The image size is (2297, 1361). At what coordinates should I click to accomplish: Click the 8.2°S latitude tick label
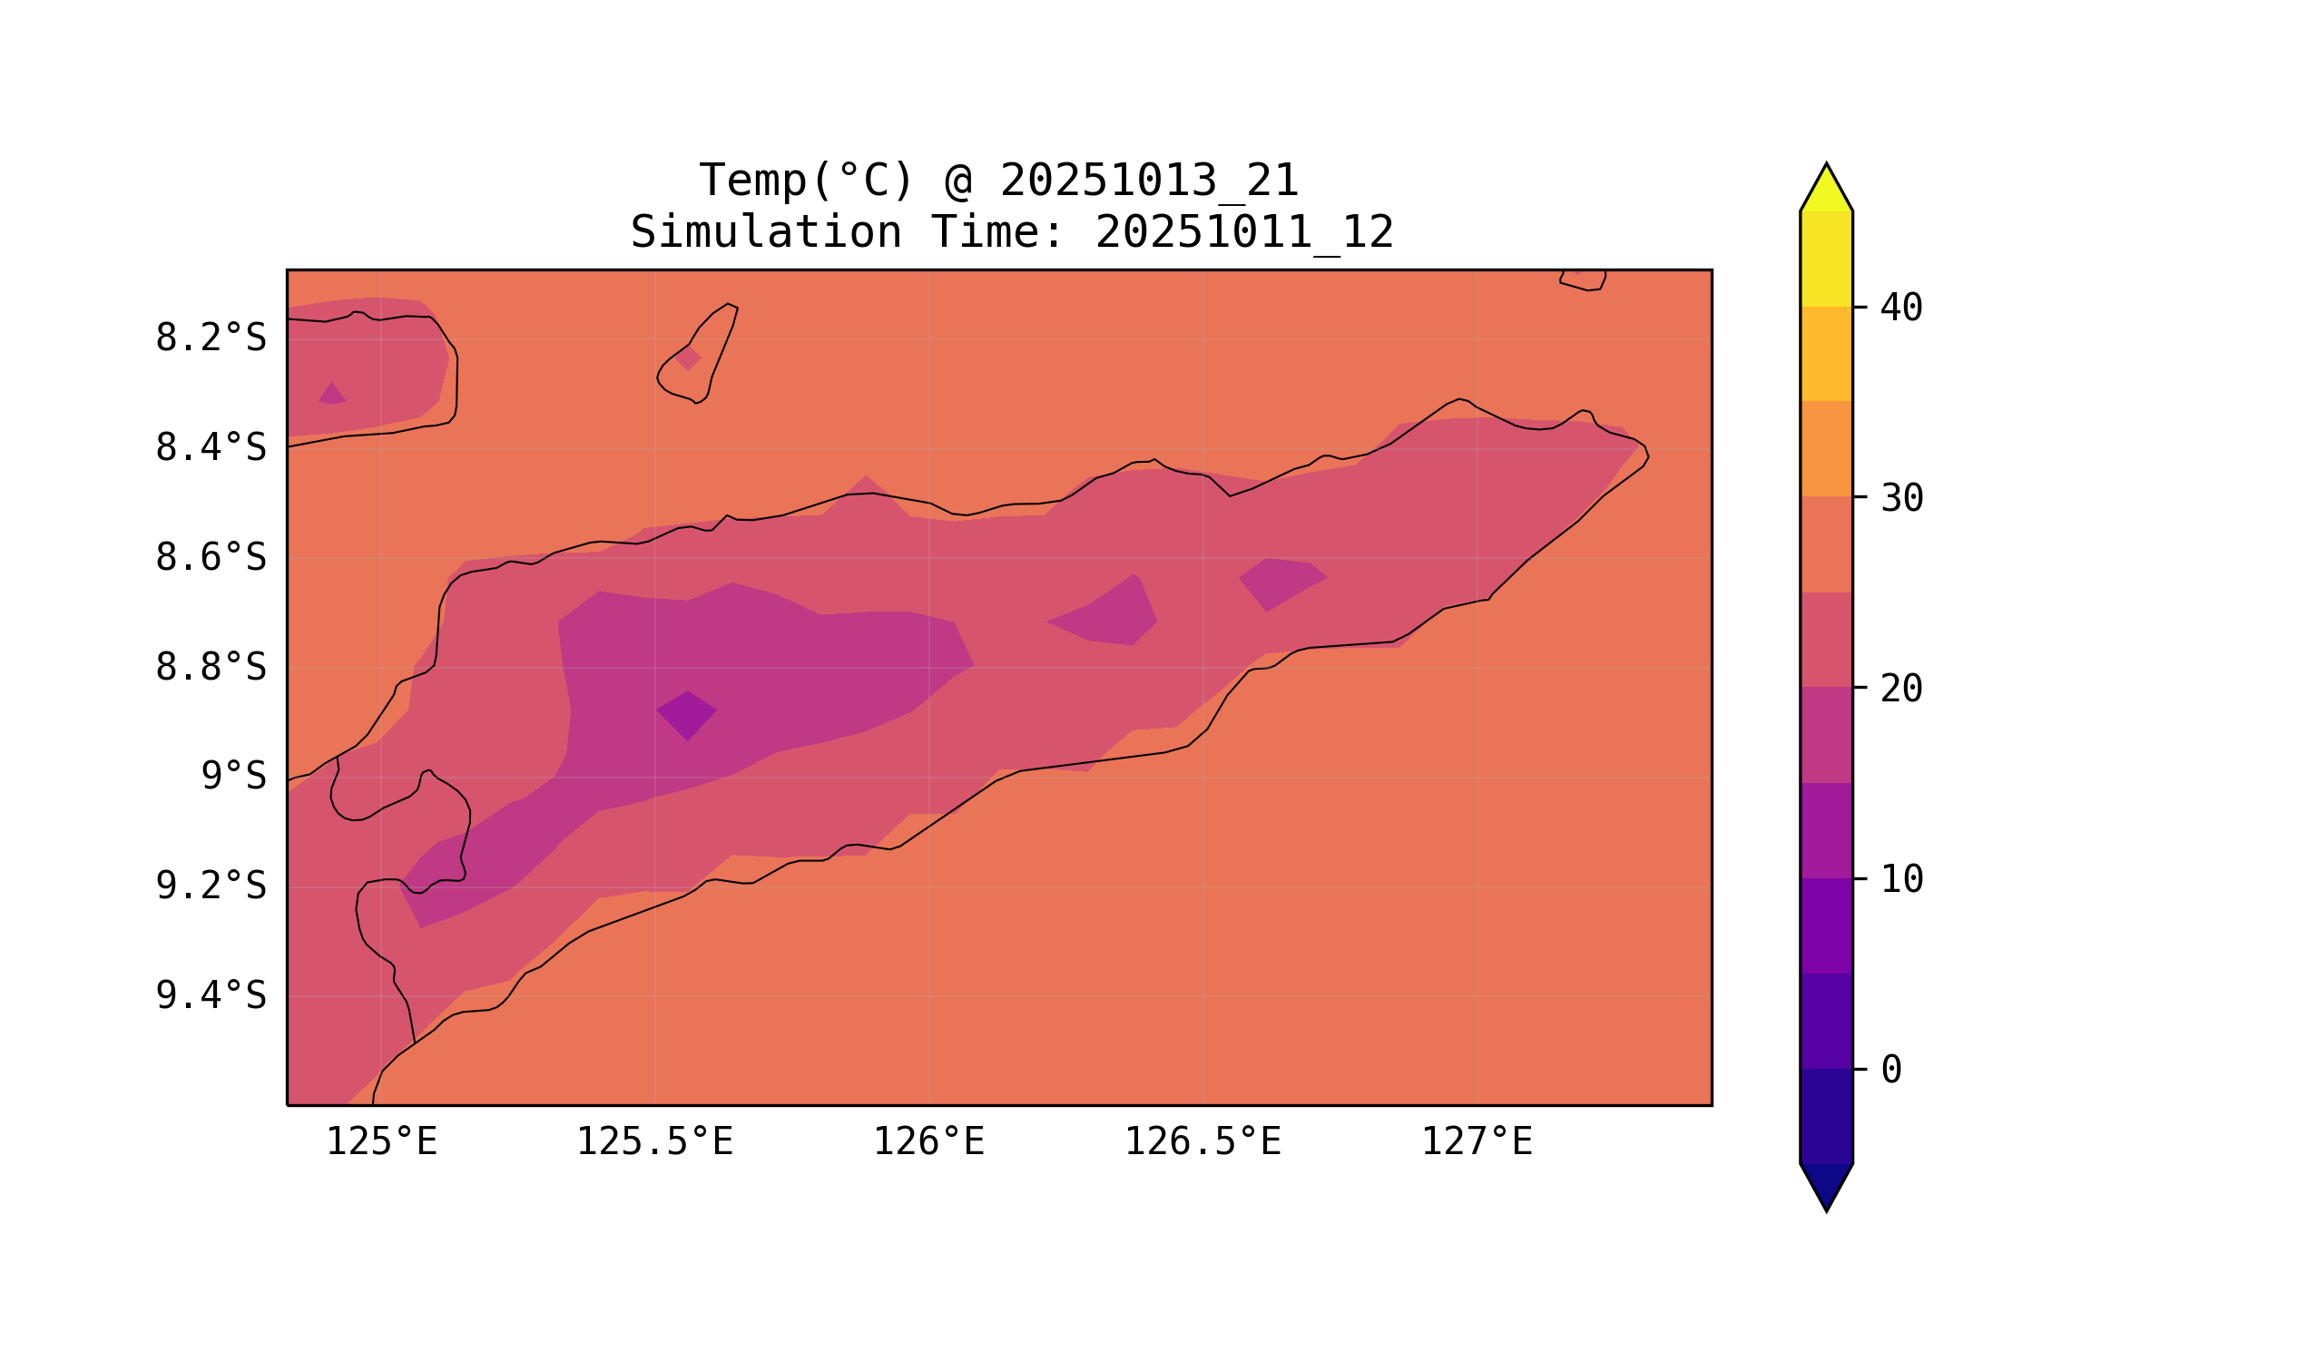[x=210, y=338]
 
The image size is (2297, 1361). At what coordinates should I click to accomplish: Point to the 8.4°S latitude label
[x=210, y=448]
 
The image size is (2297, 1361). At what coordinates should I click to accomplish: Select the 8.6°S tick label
[x=210, y=559]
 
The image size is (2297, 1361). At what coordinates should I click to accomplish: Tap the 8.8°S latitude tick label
[x=210, y=669]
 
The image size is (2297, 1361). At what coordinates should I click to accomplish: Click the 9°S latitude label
[x=233, y=777]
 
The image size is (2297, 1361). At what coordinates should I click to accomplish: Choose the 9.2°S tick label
[x=210, y=886]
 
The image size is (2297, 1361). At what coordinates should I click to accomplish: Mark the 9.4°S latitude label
[x=210, y=996]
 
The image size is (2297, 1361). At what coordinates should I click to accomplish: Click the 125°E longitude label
[x=381, y=1142]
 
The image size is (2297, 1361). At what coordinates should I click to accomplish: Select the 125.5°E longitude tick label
[x=654, y=1142]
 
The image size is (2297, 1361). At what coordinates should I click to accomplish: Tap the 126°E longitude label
[x=928, y=1142]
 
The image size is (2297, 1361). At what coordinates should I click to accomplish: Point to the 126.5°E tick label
[x=1202, y=1142]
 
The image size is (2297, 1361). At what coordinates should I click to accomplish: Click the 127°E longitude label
[x=1476, y=1142]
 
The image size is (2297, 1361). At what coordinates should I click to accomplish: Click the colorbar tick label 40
[x=1900, y=308]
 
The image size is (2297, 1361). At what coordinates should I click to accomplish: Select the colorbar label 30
[x=1900, y=499]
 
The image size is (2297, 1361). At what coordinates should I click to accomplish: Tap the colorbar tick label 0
[x=1890, y=1071]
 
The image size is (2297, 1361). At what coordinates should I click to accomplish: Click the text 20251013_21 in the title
[x=1149, y=181]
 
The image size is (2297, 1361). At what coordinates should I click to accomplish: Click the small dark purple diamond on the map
[x=686, y=715]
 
